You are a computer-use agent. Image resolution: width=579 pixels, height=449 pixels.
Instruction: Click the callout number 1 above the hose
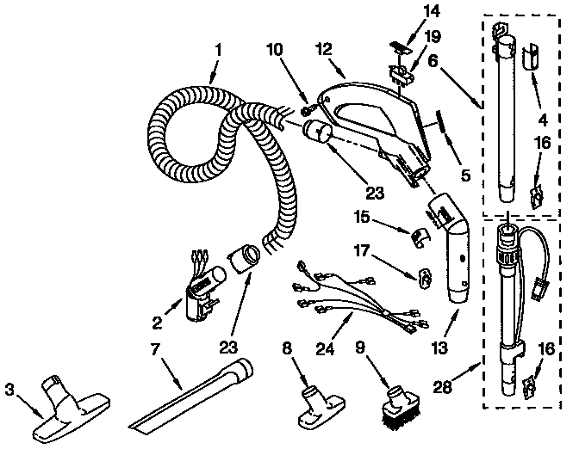pos(216,50)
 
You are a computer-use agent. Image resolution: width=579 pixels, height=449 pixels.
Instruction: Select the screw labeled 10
pos(307,110)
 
